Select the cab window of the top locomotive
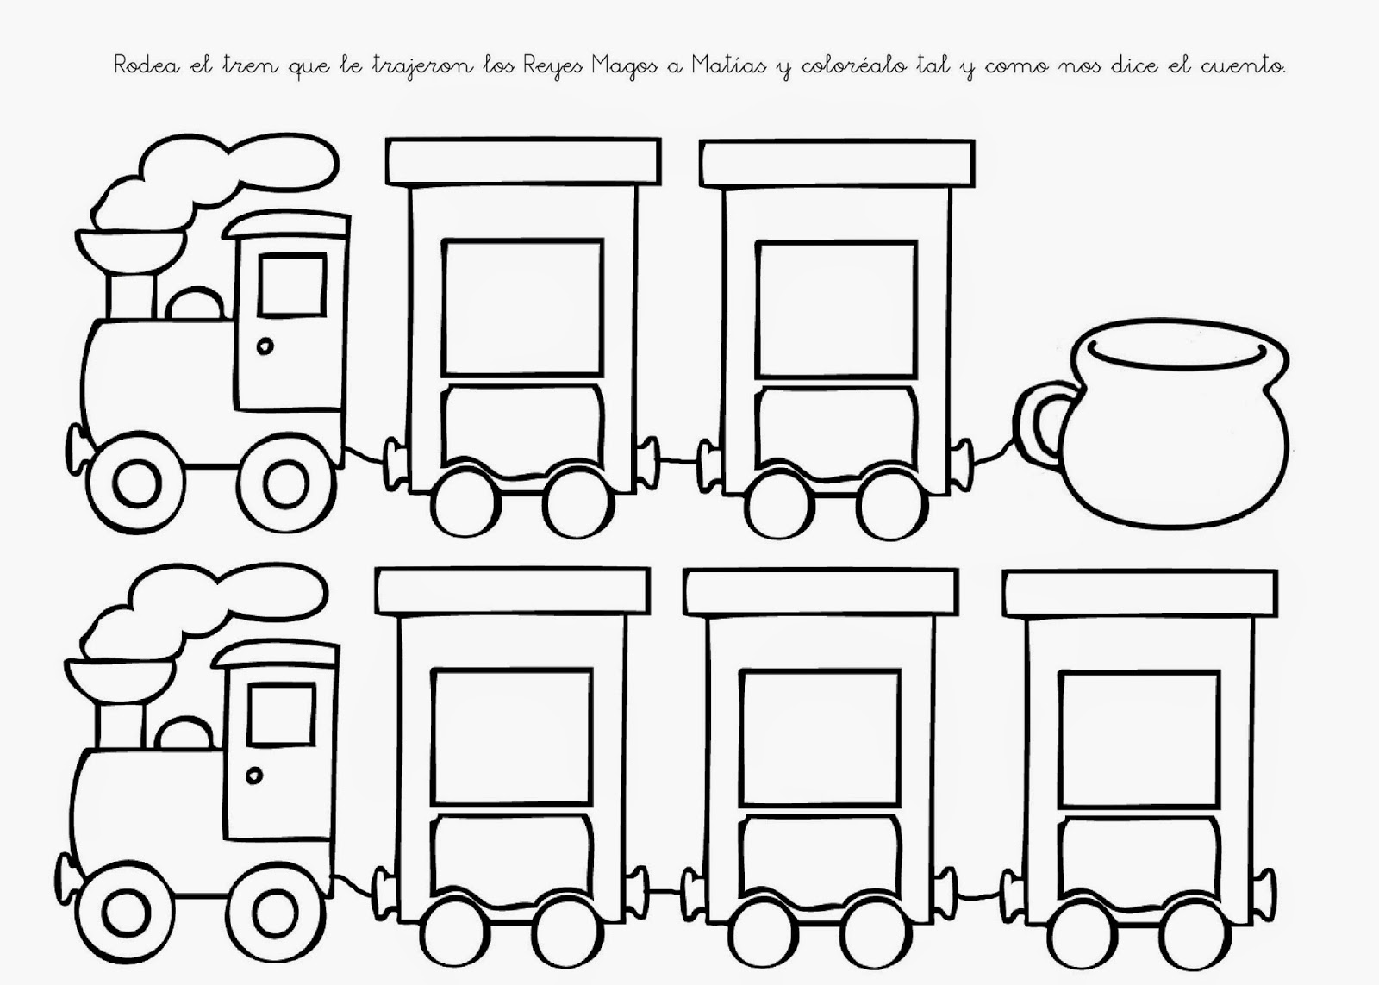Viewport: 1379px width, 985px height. click(x=293, y=284)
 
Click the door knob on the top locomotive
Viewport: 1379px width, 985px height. click(x=265, y=346)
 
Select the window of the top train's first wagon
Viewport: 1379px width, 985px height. click(x=522, y=308)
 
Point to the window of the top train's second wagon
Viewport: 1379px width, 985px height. click(x=836, y=308)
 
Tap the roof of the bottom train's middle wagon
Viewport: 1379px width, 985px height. click(x=820, y=594)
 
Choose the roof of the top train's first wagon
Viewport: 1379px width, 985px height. click(x=524, y=162)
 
